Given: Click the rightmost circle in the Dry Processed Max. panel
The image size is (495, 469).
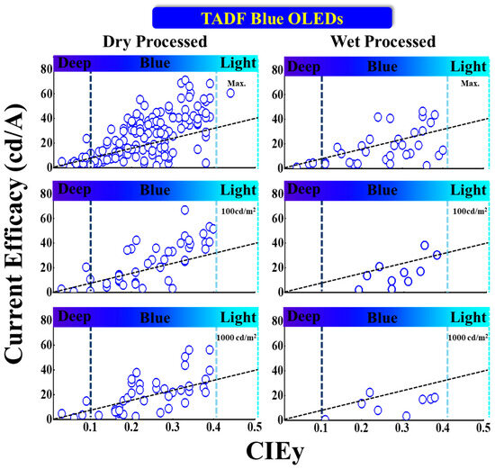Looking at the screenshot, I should click(x=230, y=93).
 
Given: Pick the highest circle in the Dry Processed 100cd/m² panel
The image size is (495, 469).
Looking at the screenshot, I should click(x=185, y=210).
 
